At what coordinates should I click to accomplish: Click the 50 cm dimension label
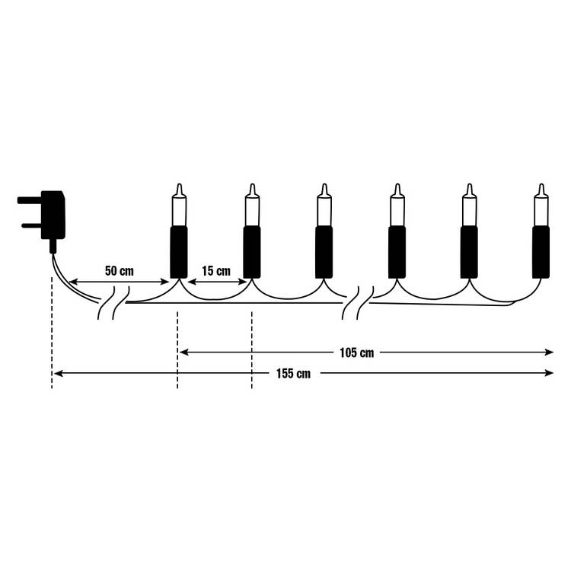click(120, 271)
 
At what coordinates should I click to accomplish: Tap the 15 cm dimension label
click(216, 271)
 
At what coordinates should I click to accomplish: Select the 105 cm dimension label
click(357, 352)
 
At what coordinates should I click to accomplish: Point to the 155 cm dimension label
click(294, 374)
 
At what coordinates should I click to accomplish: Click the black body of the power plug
click(53, 215)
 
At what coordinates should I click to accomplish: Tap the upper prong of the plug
click(29, 200)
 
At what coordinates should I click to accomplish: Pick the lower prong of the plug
click(31, 225)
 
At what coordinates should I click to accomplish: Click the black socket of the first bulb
click(179, 252)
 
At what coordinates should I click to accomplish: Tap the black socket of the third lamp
click(324, 252)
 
